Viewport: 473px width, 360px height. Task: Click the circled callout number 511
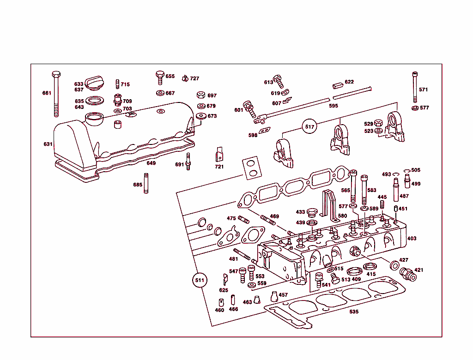pyautogui.click(x=200, y=280)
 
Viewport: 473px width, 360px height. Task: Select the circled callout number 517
pyautogui.click(x=309, y=126)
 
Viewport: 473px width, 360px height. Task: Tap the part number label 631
pyautogui.click(x=48, y=144)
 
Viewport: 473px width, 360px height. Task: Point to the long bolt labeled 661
pyautogui.click(x=56, y=95)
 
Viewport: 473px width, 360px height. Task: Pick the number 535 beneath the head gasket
pyautogui.click(x=354, y=312)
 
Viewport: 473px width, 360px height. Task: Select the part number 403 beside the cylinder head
pyautogui.click(x=412, y=239)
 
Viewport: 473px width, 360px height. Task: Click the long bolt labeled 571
pyautogui.click(x=414, y=88)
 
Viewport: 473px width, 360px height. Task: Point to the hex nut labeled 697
pyautogui.click(x=201, y=95)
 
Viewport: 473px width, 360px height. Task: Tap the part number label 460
pyautogui.click(x=219, y=310)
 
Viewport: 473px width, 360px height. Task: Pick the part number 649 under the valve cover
pyautogui.click(x=151, y=163)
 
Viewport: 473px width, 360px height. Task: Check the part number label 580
pyautogui.click(x=342, y=216)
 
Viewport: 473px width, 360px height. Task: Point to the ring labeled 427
pyautogui.click(x=395, y=266)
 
